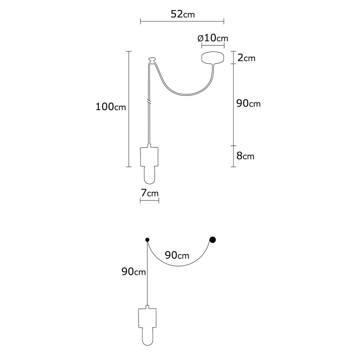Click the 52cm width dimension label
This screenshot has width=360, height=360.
pos(183,14)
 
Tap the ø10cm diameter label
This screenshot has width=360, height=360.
pos(213,38)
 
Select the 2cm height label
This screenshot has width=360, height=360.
pos(246,58)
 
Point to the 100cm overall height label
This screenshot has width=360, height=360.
pos(111,107)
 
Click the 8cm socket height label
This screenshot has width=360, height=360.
pos(246,156)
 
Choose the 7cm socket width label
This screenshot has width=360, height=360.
pos(150,193)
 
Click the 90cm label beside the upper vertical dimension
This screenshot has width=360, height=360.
pos(248,104)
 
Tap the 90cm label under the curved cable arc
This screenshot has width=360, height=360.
pos(177,255)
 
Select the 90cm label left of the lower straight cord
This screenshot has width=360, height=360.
pos(134,271)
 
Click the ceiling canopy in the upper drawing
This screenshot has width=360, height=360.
pos(213,58)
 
